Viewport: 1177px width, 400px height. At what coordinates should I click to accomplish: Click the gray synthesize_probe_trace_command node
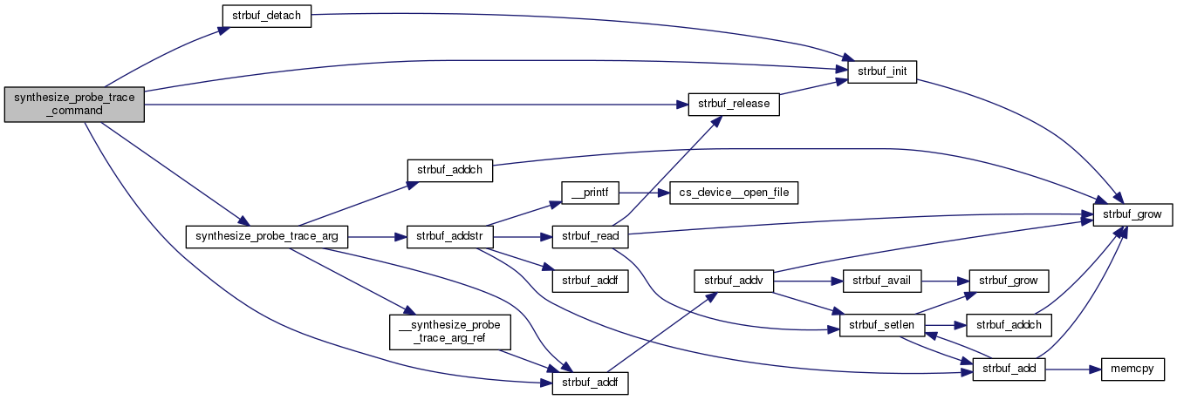tap(74, 104)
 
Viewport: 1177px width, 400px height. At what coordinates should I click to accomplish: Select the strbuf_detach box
tap(266, 17)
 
